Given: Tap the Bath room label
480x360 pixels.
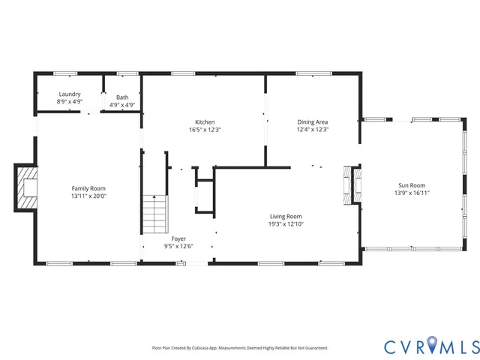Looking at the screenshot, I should click(x=121, y=96).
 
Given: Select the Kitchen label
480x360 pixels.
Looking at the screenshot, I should click(x=205, y=121).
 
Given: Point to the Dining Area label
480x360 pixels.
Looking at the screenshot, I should click(x=313, y=121).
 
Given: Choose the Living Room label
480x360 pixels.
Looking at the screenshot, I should click(x=285, y=216).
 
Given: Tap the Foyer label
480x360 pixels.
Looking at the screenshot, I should click(x=178, y=238).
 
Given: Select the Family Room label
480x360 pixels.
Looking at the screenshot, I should click(x=88, y=188).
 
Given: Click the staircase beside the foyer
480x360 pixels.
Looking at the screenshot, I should click(x=154, y=214).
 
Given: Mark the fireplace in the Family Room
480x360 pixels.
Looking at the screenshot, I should click(x=28, y=187).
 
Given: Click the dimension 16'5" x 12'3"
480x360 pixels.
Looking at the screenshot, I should click(x=205, y=129).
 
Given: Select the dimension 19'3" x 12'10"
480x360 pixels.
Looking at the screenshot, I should click(x=285, y=223).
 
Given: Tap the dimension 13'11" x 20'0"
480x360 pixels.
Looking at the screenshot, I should click(x=88, y=196).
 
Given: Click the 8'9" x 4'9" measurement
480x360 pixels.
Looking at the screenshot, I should click(x=70, y=102).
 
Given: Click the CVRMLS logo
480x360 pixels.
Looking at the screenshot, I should click(x=430, y=346).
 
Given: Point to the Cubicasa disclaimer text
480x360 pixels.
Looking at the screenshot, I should click(x=240, y=348).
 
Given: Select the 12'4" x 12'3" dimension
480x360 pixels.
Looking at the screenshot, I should click(x=313, y=129).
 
